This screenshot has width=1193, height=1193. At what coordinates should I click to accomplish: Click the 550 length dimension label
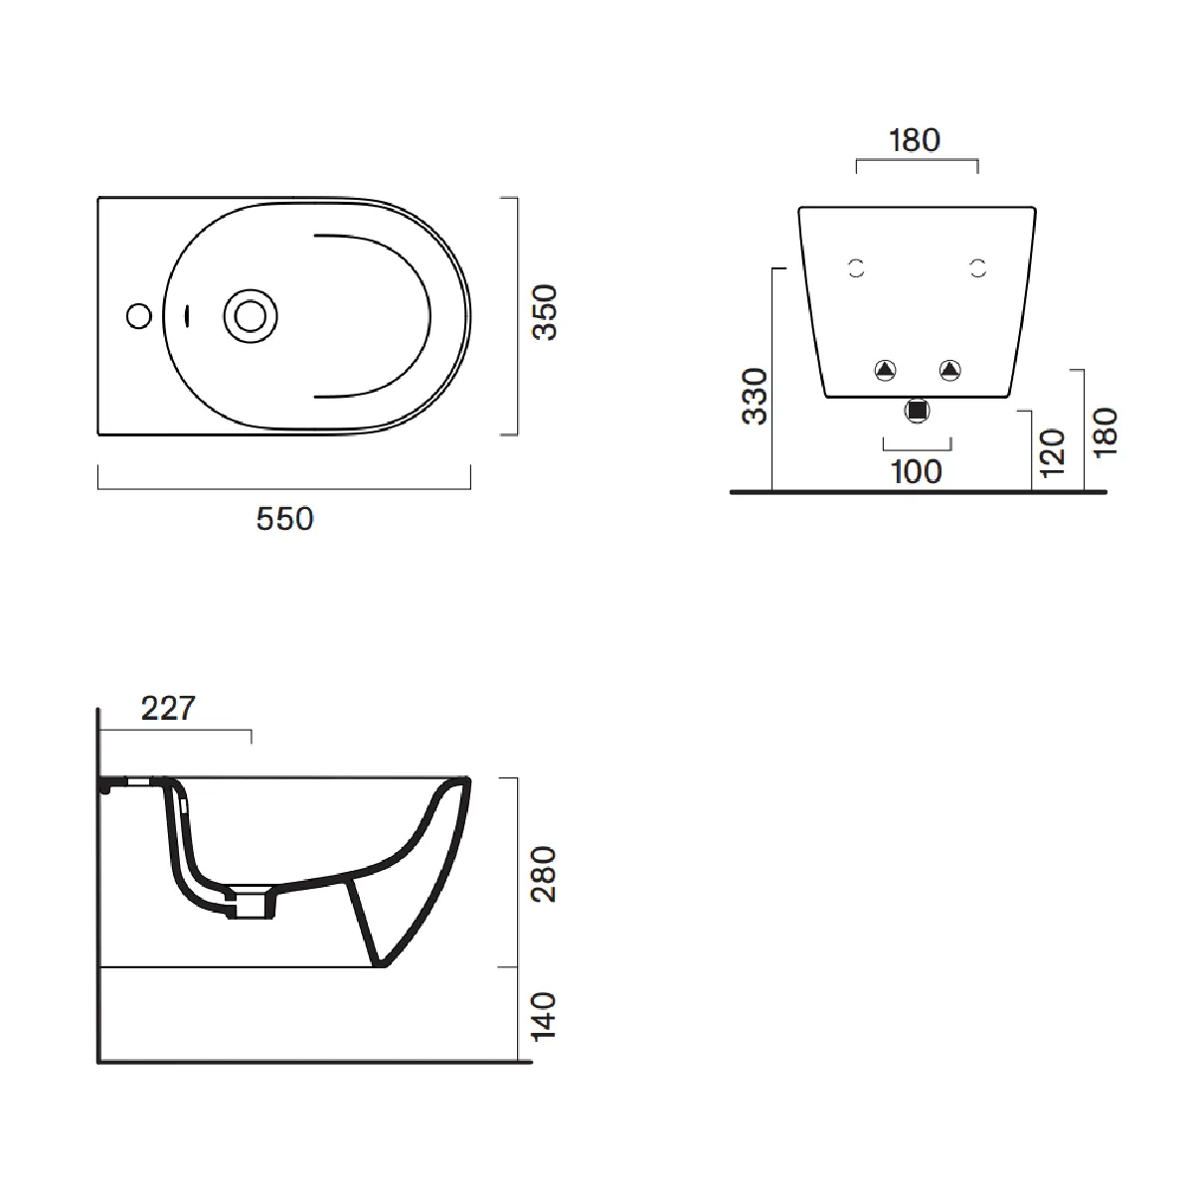pyautogui.click(x=284, y=519)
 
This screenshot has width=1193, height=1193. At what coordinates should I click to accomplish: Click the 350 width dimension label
pyautogui.click(x=545, y=313)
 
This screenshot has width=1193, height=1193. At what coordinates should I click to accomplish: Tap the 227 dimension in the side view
pyautogui.click(x=168, y=709)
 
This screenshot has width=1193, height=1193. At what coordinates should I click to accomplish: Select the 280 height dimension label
pyautogui.click(x=545, y=874)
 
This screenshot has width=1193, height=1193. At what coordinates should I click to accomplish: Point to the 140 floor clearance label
pyautogui.click(x=545, y=1016)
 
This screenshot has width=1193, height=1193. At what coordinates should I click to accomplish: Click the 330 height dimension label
pyautogui.click(x=756, y=396)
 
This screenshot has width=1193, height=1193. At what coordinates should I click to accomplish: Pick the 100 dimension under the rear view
pyautogui.click(x=916, y=471)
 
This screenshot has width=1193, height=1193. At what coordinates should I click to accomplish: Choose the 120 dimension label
pyautogui.click(x=1052, y=452)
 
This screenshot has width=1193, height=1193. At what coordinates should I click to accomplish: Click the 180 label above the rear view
pyautogui.click(x=914, y=140)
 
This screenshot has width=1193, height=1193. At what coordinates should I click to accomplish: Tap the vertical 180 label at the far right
pyautogui.click(x=1105, y=432)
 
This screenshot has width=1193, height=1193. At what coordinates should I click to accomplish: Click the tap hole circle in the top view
pyautogui.click(x=139, y=316)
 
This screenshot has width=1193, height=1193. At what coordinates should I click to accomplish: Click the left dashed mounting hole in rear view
pyautogui.click(x=856, y=267)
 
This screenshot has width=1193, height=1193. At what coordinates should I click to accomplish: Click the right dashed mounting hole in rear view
pyautogui.click(x=978, y=267)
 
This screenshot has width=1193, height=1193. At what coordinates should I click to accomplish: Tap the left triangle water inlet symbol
pyautogui.click(x=885, y=371)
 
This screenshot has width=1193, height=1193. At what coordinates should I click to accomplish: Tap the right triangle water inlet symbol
pyautogui.click(x=950, y=371)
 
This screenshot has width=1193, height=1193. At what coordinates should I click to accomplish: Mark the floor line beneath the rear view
pyautogui.click(x=918, y=491)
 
